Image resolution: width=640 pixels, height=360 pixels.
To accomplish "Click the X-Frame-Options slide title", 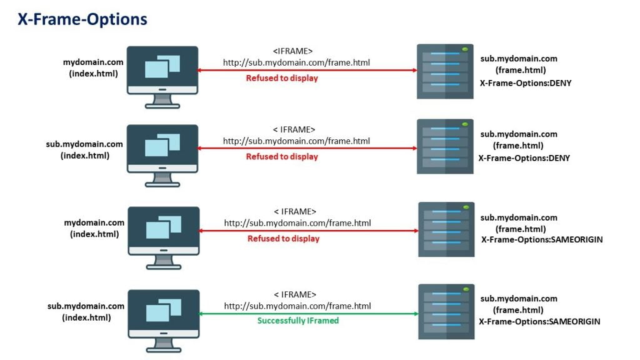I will tap(82, 19).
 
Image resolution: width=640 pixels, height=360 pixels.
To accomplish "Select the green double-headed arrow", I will tap(309, 314).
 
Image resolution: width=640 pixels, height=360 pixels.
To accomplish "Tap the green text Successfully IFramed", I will tap(297, 321).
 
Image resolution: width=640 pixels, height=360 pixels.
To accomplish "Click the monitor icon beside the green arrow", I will tap(163, 312).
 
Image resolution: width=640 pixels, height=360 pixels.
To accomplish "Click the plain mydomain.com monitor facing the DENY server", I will tap(162, 69).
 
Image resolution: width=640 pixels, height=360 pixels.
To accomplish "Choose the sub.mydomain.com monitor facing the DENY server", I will tap(162, 149).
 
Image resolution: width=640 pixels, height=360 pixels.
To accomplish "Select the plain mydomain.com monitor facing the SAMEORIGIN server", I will tap(164, 231).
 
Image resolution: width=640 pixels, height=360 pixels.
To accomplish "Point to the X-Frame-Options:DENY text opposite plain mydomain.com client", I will tap(526, 82).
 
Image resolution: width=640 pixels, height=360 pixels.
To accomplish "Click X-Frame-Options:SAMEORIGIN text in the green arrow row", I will tap(539, 321).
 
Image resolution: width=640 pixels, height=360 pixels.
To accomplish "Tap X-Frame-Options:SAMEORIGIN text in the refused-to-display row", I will tap(542, 239).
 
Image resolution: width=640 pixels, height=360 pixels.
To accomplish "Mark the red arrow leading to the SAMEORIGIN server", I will tap(309, 231).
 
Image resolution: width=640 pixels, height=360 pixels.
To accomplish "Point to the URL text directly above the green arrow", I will tap(297, 306).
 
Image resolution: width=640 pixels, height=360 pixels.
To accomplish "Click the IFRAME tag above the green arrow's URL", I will tap(295, 294).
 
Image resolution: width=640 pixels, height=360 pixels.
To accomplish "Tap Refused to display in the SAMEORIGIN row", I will tap(283, 239).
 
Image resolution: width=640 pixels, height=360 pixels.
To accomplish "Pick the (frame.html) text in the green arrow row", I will tap(519, 310).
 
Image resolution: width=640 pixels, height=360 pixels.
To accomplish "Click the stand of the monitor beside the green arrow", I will tap(163, 346).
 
